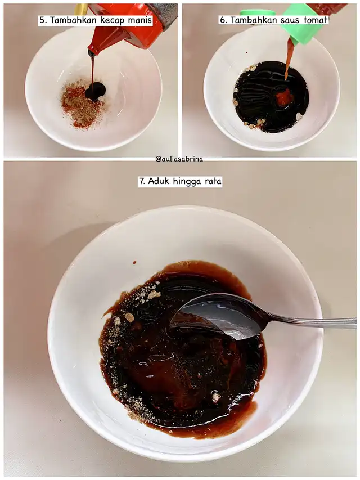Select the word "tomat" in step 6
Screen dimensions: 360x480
316,20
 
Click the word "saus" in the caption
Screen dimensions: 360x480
290,20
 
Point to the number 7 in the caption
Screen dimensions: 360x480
142,181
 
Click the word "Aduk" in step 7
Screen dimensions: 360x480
159,181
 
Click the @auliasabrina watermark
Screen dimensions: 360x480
179,159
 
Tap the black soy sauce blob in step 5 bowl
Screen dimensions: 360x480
96,91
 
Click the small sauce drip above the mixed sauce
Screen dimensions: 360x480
134,262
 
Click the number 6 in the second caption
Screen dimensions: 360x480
223,20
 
